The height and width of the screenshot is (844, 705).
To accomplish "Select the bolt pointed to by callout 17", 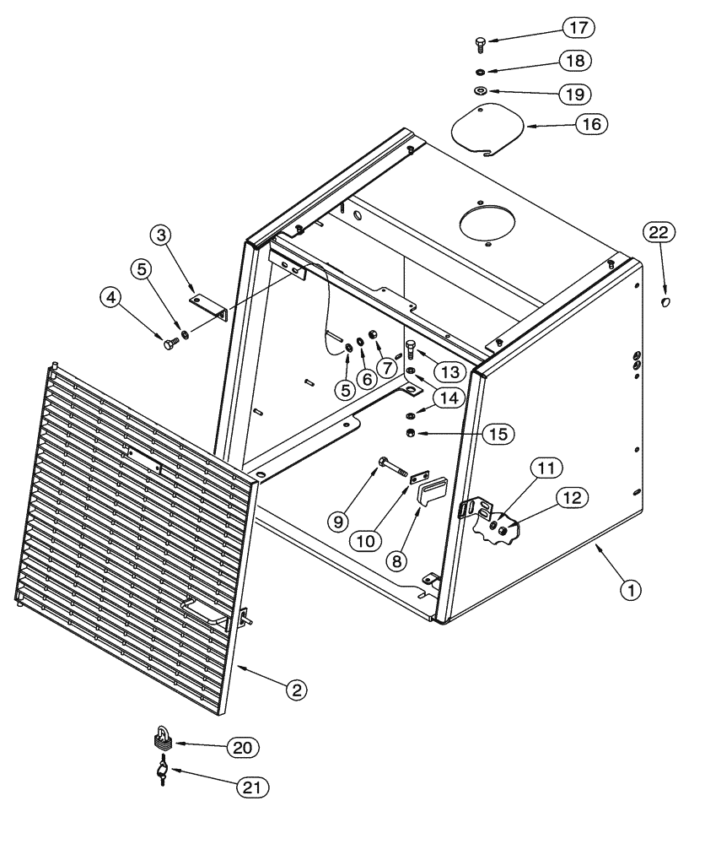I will coord(480,41).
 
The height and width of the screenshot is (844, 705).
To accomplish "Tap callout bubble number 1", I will coord(632,588).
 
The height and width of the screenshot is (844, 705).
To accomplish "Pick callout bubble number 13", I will coord(449,371).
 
